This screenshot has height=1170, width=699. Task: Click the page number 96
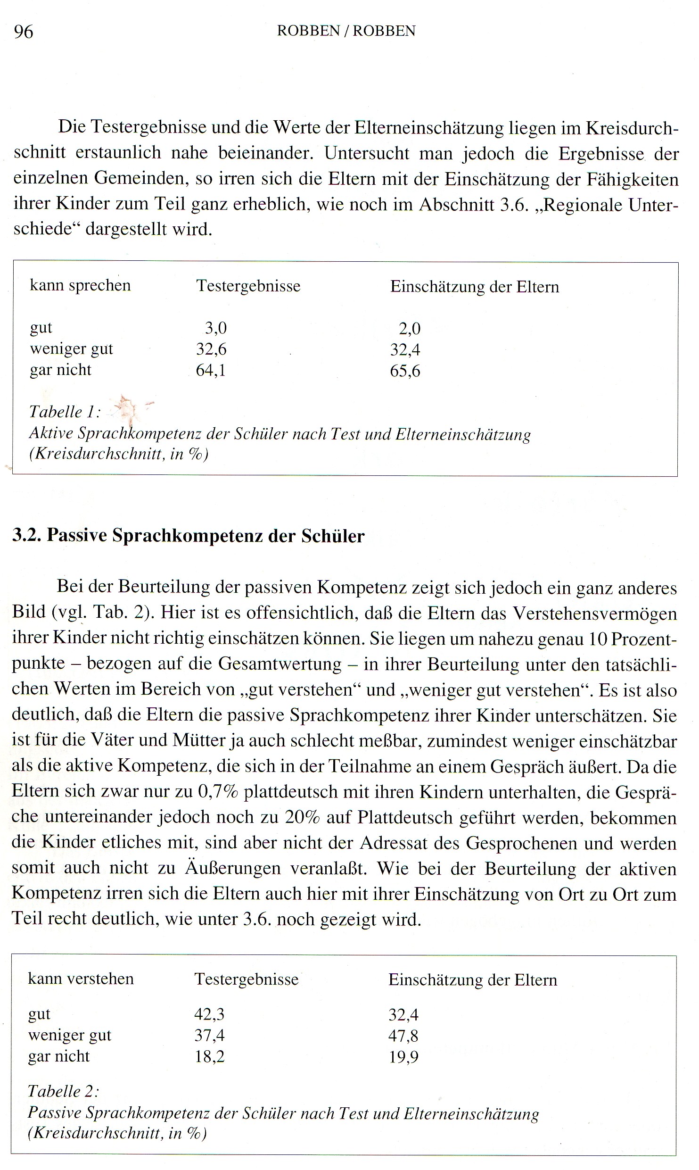tap(24, 32)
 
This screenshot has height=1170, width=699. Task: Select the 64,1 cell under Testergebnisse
tap(211, 370)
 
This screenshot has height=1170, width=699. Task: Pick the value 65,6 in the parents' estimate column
tap(405, 371)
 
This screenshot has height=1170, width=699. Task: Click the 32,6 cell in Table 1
tap(211, 349)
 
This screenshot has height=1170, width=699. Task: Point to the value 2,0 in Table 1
tap(409, 329)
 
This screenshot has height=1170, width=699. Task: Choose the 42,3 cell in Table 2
tap(209, 1013)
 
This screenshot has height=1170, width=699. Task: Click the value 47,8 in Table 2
tap(403, 1036)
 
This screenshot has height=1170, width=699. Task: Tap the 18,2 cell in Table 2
tap(209, 1056)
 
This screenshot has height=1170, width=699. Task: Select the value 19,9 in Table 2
tap(403, 1057)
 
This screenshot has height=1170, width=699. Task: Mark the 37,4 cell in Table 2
tap(209, 1035)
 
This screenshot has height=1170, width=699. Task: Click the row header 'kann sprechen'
tap(80, 286)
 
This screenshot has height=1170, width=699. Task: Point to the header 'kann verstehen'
tap(81, 979)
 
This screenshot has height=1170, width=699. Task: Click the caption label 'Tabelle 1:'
tap(65, 412)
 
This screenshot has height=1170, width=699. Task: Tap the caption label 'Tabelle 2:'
tap(63, 1091)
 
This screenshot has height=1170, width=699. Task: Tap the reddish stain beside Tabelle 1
tap(128, 407)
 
